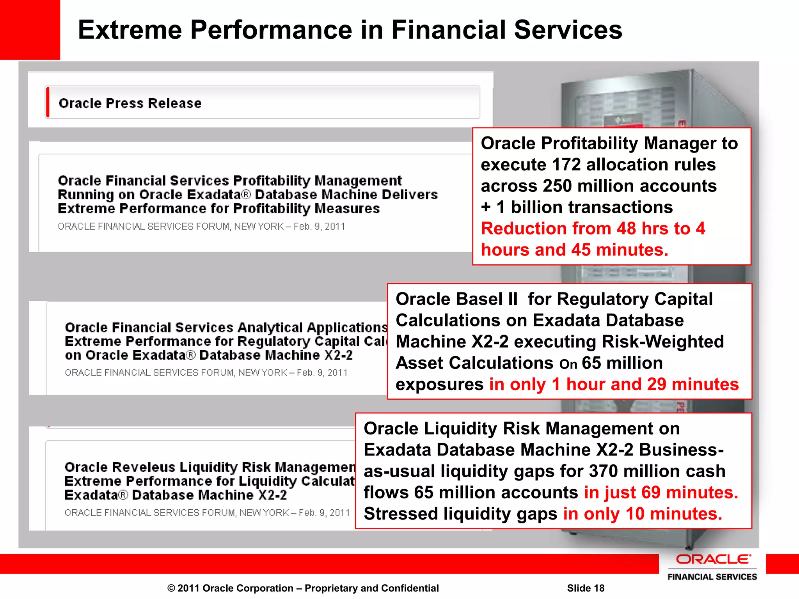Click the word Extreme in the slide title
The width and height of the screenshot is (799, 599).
[130, 30]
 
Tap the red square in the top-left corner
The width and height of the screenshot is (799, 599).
[30, 30]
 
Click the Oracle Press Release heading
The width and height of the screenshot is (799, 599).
[130, 103]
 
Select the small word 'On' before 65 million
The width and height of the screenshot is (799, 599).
[568, 365]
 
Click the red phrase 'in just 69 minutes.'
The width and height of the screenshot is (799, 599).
[661, 493]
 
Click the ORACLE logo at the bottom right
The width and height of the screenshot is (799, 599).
[712, 559]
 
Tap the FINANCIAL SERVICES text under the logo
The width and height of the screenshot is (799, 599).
[712, 577]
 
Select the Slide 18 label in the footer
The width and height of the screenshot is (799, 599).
[586, 588]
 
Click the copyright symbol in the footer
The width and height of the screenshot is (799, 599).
[171, 588]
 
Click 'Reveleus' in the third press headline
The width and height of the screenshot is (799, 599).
[144, 467]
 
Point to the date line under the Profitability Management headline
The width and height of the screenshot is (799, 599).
[201, 227]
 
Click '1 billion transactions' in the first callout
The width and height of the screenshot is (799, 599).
[584, 207]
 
